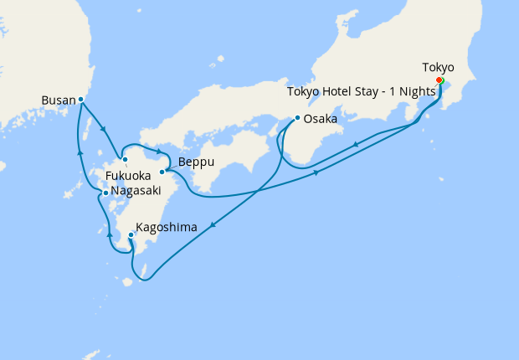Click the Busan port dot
pyautogui.click(x=80, y=100)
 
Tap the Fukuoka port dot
pyautogui.click(x=124, y=159)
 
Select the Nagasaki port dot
pyautogui.click(x=105, y=193)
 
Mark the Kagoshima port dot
pyautogui.click(x=131, y=236)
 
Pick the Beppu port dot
pyautogui.click(x=162, y=172)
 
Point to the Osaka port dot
pyautogui.click(x=296, y=118)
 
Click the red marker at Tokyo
pyautogui.click(x=439, y=80)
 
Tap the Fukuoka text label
pyautogui.click(x=128, y=177)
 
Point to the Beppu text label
pyautogui.click(x=193, y=157)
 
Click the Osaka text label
pyautogui.click(x=321, y=120)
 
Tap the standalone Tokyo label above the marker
pyautogui.click(x=439, y=67)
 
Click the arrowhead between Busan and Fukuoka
pyautogui.click(x=103, y=130)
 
